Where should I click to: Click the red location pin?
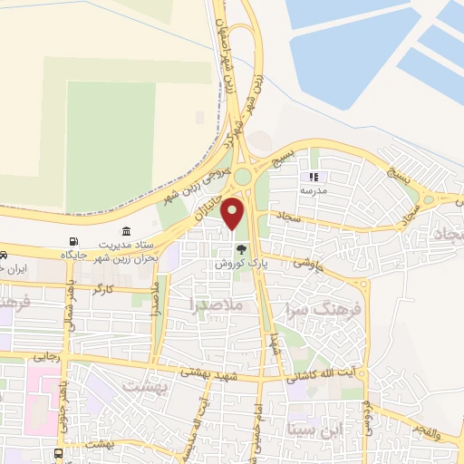pyautogui.click(x=233, y=212)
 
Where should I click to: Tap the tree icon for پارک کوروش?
pyautogui.click(x=241, y=250)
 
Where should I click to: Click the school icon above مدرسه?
pyautogui.click(x=314, y=178)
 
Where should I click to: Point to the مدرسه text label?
pyautogui.click(x=314, y=192)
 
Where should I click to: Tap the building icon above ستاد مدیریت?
pyautogui.click(x=125, y=231)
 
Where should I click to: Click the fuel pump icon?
pyautogui.click(x=73, y=241)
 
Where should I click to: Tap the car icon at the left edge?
pyautogui.click(x=5, y=255)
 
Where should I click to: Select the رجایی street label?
pyautogui.click(x=47, y=358)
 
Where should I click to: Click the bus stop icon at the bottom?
pyautogui.click(x=58, y=453)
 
